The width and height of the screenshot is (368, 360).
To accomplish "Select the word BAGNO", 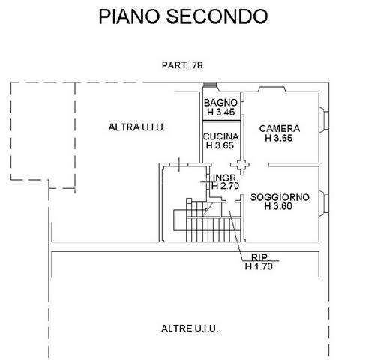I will click(223, 103).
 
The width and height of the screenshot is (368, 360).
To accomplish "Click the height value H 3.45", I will click(223, 112).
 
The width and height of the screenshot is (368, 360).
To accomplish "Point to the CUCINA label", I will click(222, 136).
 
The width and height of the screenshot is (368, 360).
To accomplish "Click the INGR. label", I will click(225, 178).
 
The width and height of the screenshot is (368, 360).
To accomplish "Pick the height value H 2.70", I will click(226, 186).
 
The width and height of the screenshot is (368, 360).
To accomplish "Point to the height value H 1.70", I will click(259, 264).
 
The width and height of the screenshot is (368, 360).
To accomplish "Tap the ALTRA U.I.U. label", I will click(136, 127).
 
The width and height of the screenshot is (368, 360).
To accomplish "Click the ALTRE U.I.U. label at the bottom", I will click(190, 328).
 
